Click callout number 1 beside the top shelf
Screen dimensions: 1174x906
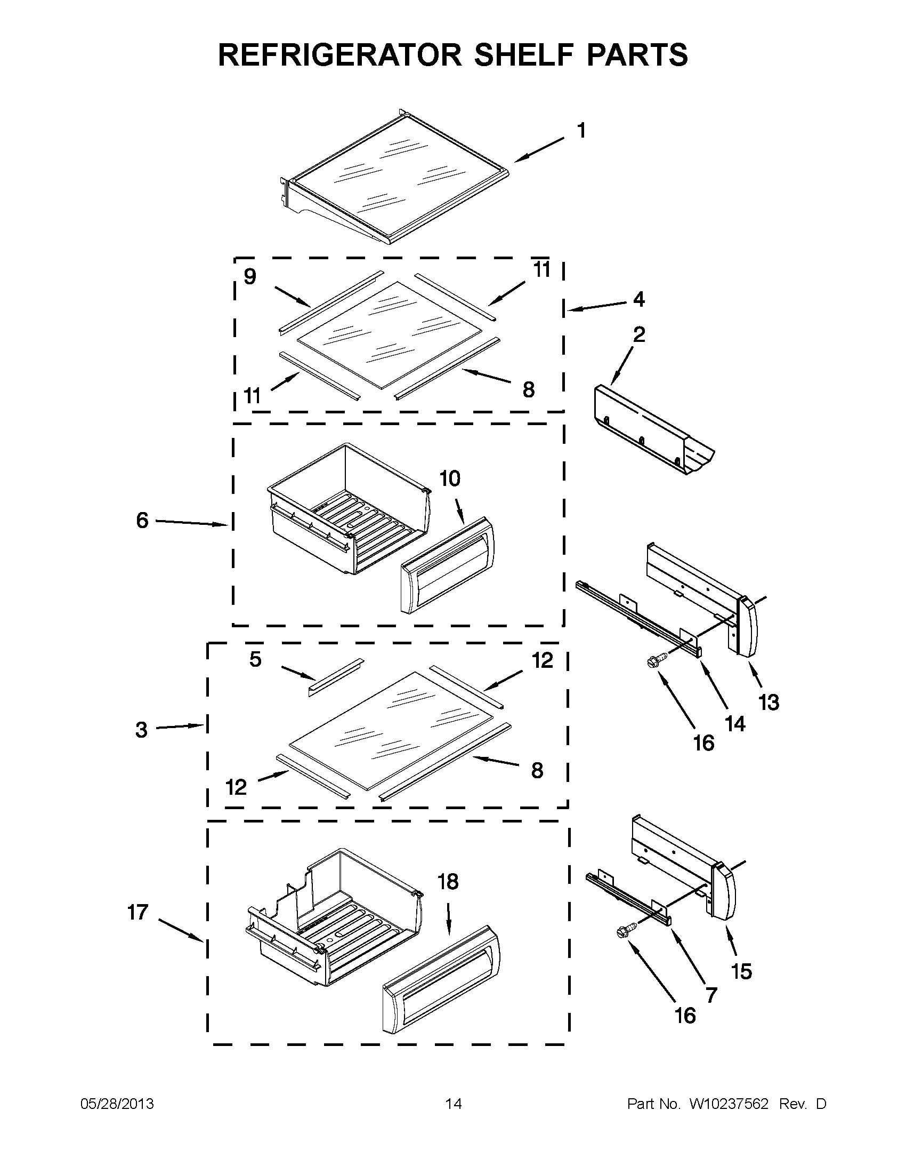click(x=581, y=131)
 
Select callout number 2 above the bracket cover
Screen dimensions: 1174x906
click(x=638, y=334)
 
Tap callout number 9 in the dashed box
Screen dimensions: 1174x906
click(x=250, y=277)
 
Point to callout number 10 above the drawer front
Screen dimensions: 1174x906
click(x=450, y=478)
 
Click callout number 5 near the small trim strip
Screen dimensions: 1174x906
click(x=255, y=659)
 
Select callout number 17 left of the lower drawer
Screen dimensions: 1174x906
click(x=137, y=912)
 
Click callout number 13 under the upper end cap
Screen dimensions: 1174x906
click(x=769, y=702)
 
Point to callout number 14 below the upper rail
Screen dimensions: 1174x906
click(x=735, y=724)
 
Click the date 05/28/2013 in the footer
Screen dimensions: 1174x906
click(x=117, y=1104)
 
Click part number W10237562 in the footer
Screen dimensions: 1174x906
click(x=728, y=1104)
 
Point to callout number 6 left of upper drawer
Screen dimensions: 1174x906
click(x=142, y=521)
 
